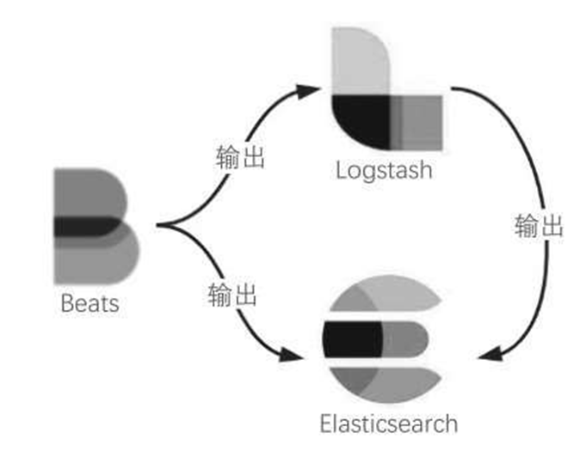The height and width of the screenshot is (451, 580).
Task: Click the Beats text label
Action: [x=89, y=303]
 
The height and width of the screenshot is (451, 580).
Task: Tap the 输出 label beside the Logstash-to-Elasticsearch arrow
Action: [x=540, y=226]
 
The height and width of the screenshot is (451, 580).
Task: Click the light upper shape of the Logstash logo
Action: [x=360, y=58]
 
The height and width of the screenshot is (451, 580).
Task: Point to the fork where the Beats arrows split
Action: [x=161, y=226]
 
